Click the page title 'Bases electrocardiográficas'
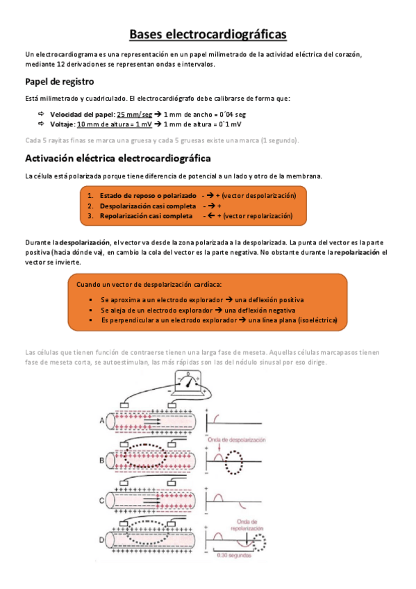tap(208, 34)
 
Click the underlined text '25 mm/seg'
tap(135, 114)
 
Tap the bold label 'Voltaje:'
tap(63, 124)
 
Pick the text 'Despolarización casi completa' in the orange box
tap(147, 206)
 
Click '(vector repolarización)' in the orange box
tap(258, 216)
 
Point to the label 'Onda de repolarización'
tap(240, 523)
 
